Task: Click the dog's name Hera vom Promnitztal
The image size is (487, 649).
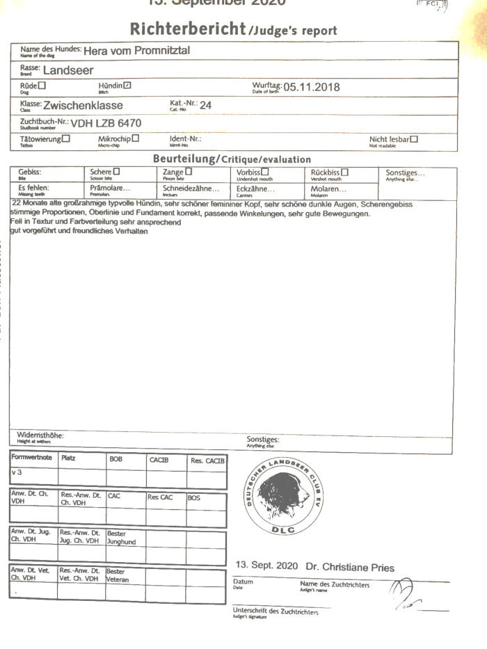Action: coord(136,51)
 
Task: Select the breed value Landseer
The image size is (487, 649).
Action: coord(68,70)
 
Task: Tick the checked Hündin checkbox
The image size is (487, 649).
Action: coord(127,86)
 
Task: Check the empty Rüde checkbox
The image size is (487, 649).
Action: coord(42,86)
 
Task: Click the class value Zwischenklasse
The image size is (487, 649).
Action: coord(83,106)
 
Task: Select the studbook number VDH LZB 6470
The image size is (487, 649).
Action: coord(106,124)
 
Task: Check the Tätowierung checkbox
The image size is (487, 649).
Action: coord(66,138)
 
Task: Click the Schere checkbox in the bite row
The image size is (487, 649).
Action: coord(117,171)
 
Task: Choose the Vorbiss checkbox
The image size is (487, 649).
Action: coord(265,171)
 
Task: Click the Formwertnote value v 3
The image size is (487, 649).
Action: coord(17,473)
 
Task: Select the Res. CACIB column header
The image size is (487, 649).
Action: coord(207,460)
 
